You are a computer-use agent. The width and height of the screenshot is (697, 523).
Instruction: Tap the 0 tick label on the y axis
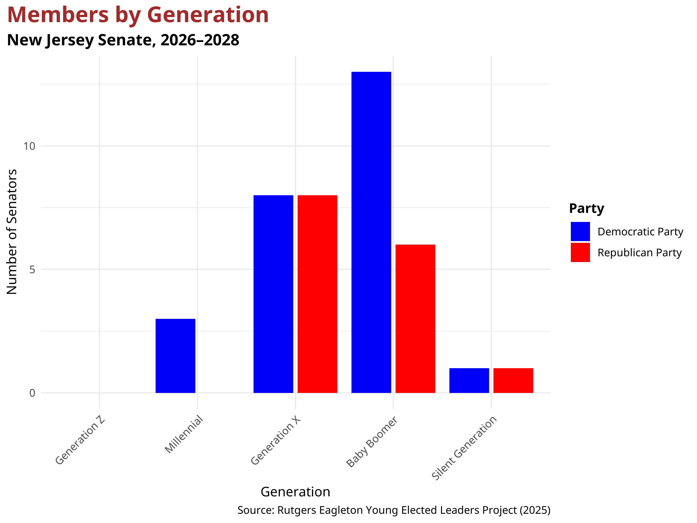pos(32,393)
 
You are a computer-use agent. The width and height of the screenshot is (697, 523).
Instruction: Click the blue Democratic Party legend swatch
pos(580,231)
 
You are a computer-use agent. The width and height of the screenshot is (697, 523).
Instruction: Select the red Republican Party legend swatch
pos(580,252)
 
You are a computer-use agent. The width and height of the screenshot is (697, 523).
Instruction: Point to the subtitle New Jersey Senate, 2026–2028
pos(123,40)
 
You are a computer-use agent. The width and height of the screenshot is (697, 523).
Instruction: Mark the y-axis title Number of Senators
pos(12,232)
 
